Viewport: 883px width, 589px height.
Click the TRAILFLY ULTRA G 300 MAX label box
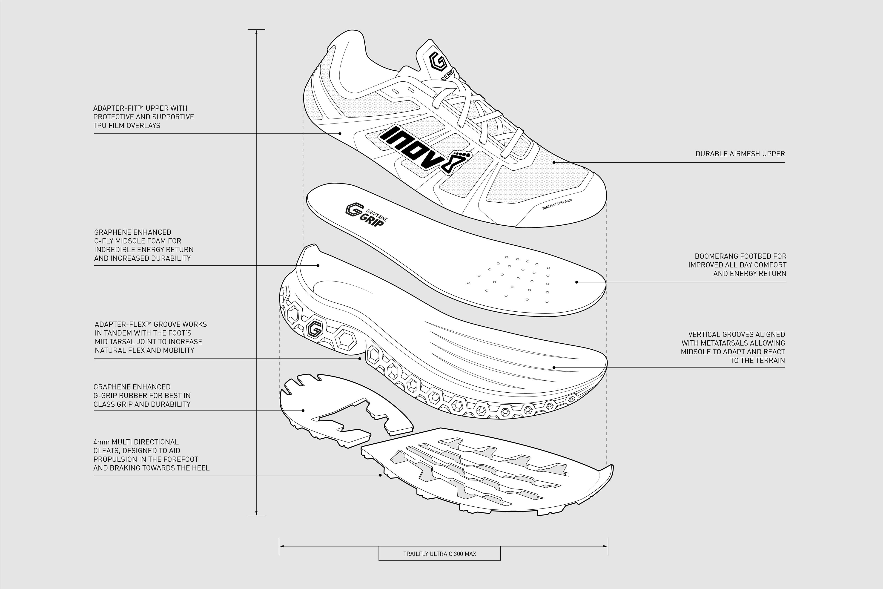tap(439, 554)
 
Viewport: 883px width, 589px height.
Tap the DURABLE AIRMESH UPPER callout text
tap(740, 154)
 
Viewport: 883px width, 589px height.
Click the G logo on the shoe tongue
tap(438, 61)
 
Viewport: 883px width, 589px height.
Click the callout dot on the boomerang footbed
tap(576, 282)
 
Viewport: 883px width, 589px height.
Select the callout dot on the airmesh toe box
tap(554, 162)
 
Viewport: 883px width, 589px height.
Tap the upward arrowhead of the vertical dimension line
tap(256, 32)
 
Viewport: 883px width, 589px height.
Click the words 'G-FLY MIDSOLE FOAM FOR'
tap(138, 241)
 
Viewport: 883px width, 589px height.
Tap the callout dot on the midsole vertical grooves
tap(554, 367)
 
